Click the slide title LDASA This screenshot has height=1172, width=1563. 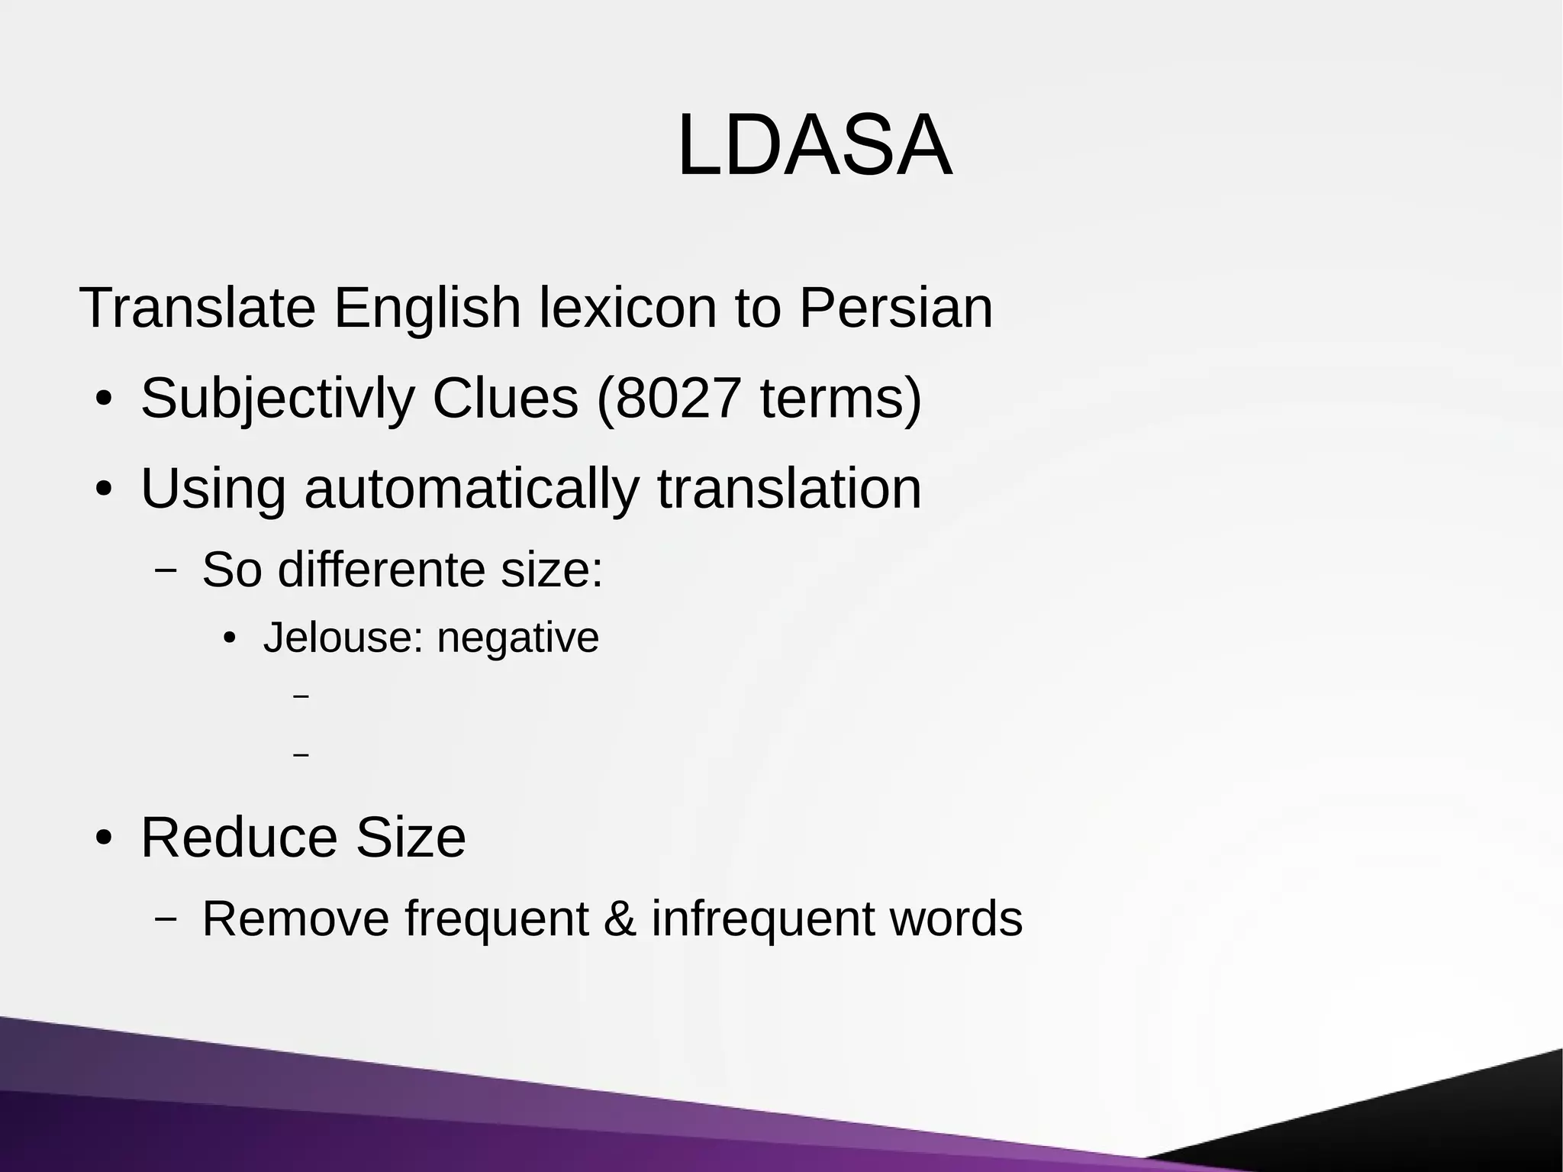click(x=814, y=145)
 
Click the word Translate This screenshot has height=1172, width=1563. click(x=197, y=308)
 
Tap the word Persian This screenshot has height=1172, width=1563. click(x=896, y=308)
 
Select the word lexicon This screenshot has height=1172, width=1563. click(x=627, y=308)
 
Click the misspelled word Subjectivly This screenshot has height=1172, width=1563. click(x=277, y=399)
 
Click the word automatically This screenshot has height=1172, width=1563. click(x=472, y=489)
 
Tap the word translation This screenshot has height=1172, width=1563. click(x=789, y=488)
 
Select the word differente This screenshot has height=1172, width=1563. click(x=382, y=570)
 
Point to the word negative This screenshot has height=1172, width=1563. click(x=517, y=638)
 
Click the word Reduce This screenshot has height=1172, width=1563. click(x=239, y=838)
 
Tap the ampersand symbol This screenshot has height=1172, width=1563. click(x=620, y=919)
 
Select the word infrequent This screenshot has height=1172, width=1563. click(x=762, y=919)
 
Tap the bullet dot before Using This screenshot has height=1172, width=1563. click(x=105, y=489)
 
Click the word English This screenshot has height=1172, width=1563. click(x=427, y=308)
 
